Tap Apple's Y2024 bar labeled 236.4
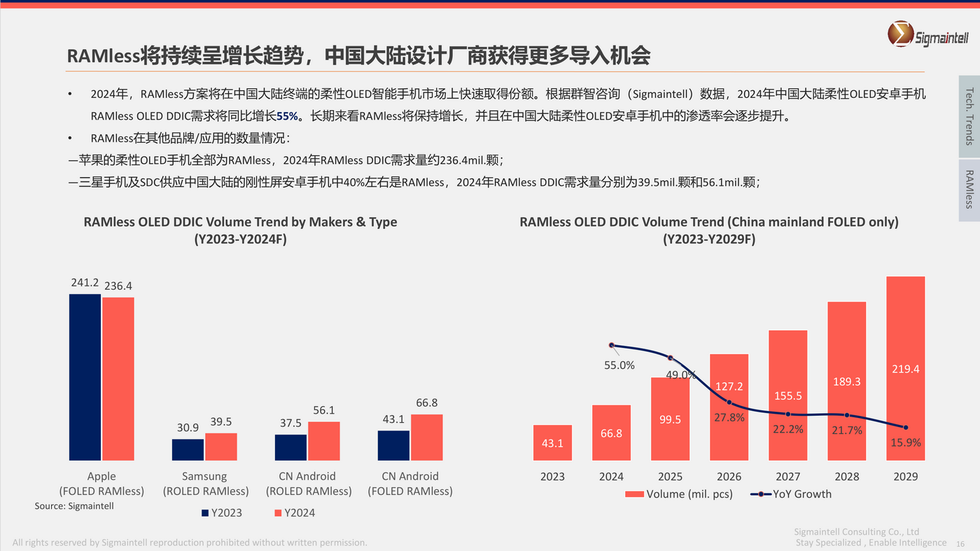pyautogui.click(x=118, y=378)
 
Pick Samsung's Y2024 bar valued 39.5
pyautogui.click(x=220, y=446)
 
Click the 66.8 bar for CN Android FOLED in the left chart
pyautogui.click(x=426, y=437)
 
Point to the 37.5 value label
pyautogui.click(x=290, y=424)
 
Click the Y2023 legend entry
pyautogui.click(x=222, y=512)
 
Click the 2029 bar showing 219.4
pyautogui.click(x=905, y=368)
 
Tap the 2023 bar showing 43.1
pyautogui.click(x=552, y=442)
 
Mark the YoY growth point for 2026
pyautogui.click(x=729, y=403)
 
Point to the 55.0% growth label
pyautogui.click(x=619, y=365)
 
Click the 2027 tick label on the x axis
pyautogui.click(x=787, y=477)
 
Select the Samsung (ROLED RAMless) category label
pyautogui.click(x=205, y=484)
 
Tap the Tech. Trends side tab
pyautogui.click(x=969, y=116)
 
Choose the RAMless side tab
pyautogui.click(x=969, y=189)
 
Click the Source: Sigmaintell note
pyautogui.click(x=74, y=505)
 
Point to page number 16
pyautogui.click(x=960, y=543)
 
